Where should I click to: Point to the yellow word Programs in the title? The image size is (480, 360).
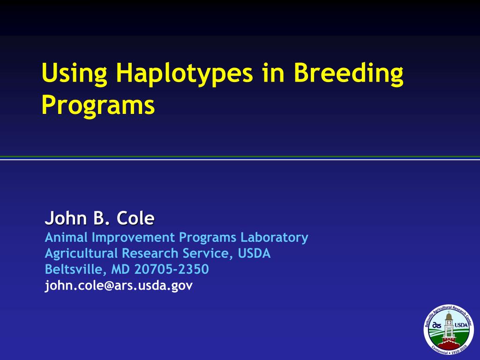(x=97, y=105)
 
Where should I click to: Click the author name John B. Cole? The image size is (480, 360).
(x=99, y=218)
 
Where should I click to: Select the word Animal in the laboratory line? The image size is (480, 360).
(x=66, y=238)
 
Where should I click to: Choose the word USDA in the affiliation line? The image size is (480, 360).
(x=254, y=254)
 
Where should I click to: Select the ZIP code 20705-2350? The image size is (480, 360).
(x=172, y=270)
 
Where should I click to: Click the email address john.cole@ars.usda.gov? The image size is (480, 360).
(x=118, y=285)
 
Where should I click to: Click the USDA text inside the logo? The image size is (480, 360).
(x=461, y=325)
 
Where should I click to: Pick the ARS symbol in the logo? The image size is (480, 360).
(x=437, y=325)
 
